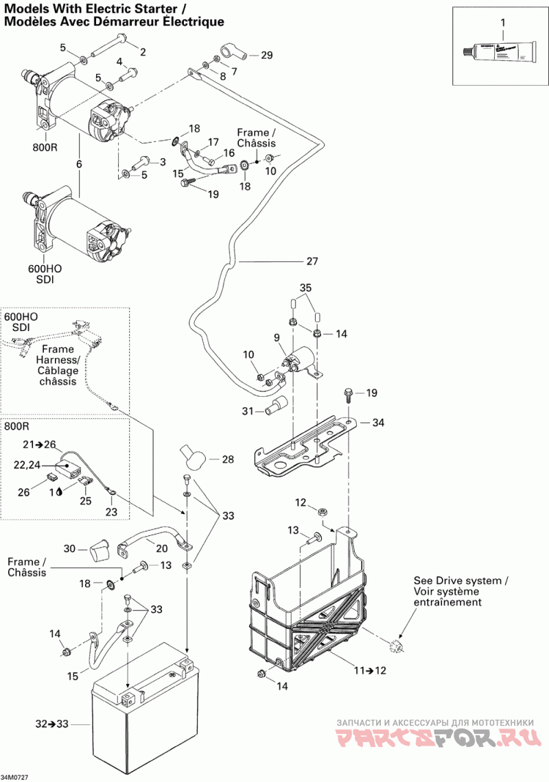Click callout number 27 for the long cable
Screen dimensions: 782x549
click(312, 261)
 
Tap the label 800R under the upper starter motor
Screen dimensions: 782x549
click(45, 146)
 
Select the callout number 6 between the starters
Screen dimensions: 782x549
click(79, 164)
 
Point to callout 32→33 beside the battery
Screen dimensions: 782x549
click(52, 723)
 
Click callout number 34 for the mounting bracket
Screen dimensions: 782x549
click(378, 423)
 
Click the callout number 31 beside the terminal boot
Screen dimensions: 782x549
click(248, 411)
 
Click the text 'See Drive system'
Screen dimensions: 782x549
click(460, 581)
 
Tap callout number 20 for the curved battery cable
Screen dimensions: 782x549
click(161, 548)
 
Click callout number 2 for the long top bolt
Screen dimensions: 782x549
click(143, 52)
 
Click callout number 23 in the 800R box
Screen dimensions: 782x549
click(111, 511)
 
